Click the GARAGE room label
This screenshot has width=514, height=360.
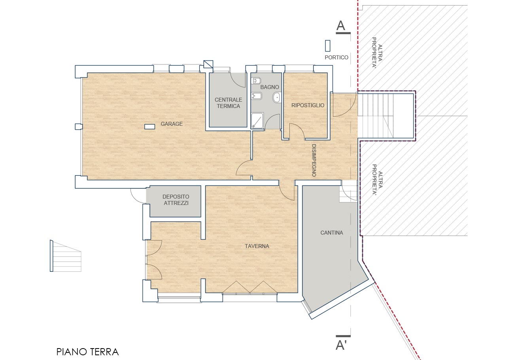coord(172,124)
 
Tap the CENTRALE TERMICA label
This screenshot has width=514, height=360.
coord(228,103)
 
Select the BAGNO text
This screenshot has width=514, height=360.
coord(270,87)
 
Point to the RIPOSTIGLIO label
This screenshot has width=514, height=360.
coord(308,105)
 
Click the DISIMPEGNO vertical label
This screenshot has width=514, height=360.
coord(314,160)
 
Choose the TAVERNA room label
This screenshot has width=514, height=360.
coord(257,246)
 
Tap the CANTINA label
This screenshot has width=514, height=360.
coord(332,233)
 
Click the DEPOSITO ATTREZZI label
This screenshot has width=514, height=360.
coord(176,200)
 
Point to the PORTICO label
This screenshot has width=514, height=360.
coord(336,57)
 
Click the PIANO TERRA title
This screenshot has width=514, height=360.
coord(87,352)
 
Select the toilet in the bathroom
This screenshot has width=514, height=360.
coord(256,81)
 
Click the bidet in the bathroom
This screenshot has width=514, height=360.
coord(256,96)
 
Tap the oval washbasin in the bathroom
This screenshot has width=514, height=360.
coord(277,98)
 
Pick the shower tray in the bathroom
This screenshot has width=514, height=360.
coord(257,120)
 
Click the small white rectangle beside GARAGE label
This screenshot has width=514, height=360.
coord(149,127)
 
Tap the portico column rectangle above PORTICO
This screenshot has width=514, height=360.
coord(328,45)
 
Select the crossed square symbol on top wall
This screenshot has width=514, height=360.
coord(208,64)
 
